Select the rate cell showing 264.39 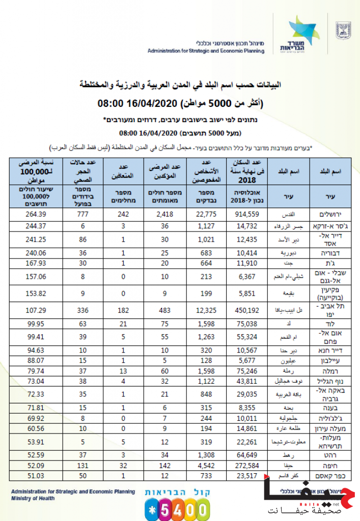coord(35,214)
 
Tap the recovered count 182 coord(122,311)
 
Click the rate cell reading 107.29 coord(35,311)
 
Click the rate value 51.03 coord(35,475)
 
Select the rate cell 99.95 coord(35,324)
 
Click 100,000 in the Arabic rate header coord(34,172)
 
